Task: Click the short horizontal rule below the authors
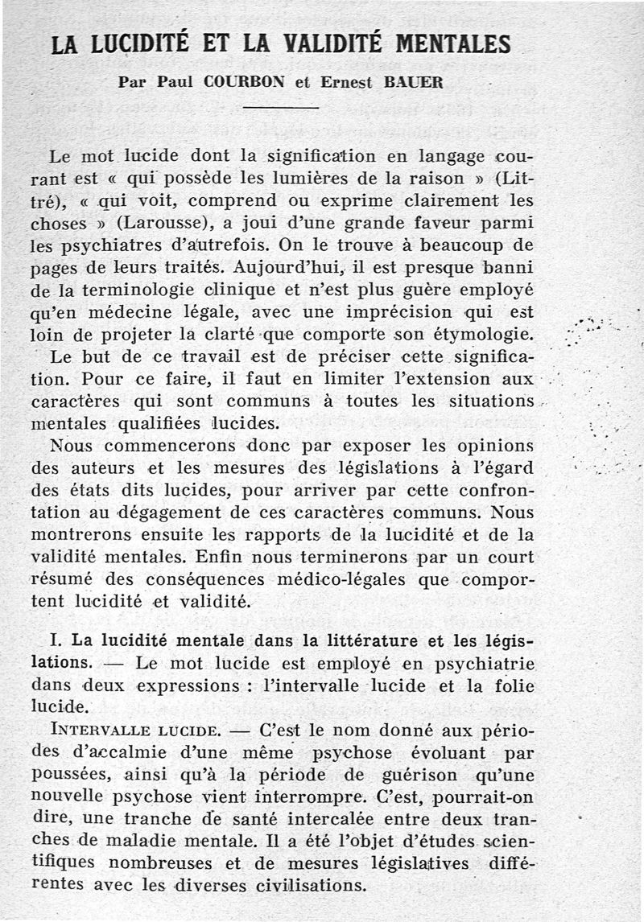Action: point(281,107)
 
